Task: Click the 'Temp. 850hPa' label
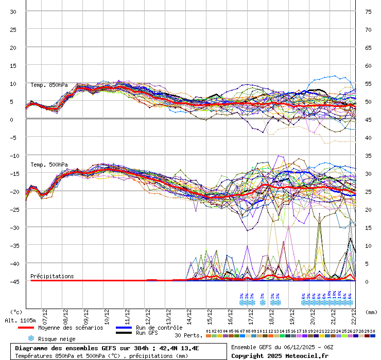coord(49,85)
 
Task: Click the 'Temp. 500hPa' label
coord(49,165)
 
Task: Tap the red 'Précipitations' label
coord(52,276)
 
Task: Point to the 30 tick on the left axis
coord(13,11)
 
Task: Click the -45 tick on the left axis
coord(13,281)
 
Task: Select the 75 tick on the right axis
coord(368,11)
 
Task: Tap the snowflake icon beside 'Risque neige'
coord(31,338)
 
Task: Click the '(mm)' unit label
coord(371,312)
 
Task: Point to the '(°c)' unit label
coord(16,312)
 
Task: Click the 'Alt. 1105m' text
coord(19,320)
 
